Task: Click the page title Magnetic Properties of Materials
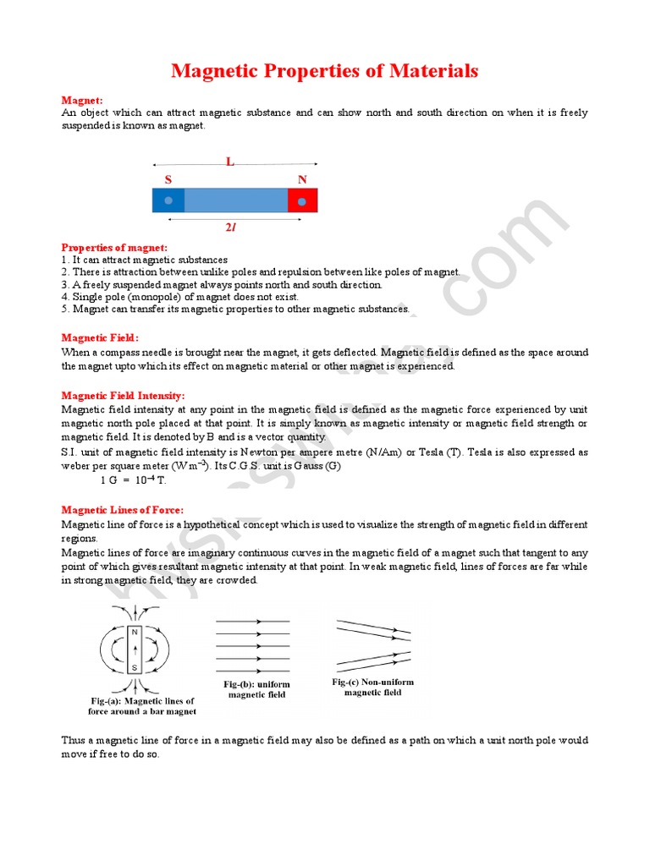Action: tap(324, 71)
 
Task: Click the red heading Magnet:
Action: tap(82, 100)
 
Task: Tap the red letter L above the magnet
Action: tap(229, 162)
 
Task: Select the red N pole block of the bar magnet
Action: tap(302, 200)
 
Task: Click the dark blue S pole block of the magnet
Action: tap(168, 200)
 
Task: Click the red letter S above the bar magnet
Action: tap(168, 179)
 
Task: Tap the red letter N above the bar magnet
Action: tap(302, 179)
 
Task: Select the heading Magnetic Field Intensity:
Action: tap(123, 395)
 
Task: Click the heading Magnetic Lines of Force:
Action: tap(122, 510)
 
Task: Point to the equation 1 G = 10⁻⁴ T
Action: tap(133, 480)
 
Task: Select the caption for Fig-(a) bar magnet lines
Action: tap(142, 706)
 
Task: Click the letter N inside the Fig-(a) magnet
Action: tap(134, 633)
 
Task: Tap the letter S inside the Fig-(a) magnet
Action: tap(134, 668)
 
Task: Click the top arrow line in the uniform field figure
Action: tap(253, 622)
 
